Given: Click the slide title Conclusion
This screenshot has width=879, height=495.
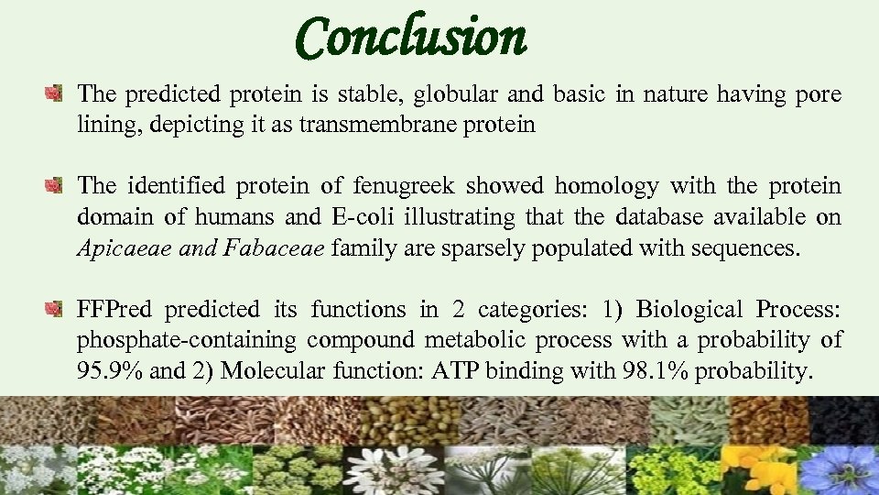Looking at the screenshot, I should point(411,38).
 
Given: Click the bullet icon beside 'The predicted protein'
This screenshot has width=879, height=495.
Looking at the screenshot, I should point(55,93).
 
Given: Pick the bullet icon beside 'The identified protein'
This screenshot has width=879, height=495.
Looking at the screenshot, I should point(55,187).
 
